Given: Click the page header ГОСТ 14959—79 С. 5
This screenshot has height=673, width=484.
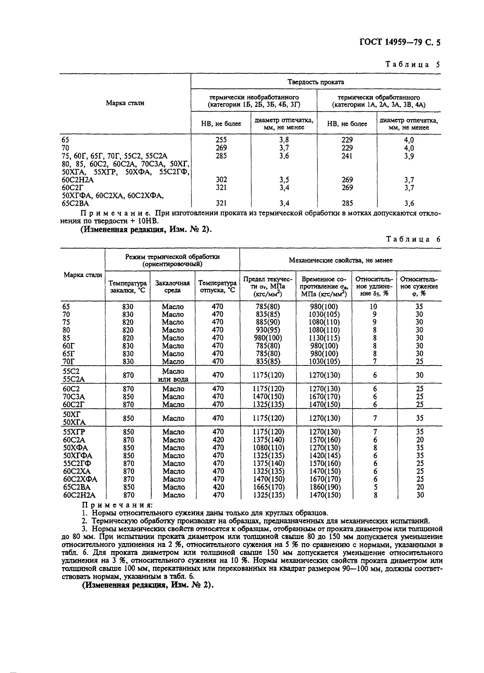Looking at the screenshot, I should [400, 43].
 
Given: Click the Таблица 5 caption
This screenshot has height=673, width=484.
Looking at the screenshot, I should [412, 64].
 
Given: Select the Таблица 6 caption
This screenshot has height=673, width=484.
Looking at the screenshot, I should [413, 239].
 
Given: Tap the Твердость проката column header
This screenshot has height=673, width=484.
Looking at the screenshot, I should [316, 82].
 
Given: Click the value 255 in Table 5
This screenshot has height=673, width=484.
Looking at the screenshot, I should [221, 140].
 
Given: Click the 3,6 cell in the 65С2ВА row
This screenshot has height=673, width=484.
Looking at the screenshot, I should [409, 203].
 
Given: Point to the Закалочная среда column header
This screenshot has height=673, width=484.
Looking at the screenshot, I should [172, 286].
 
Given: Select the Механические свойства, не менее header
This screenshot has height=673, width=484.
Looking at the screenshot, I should [340, 260].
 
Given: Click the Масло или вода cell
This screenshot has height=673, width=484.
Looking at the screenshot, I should [173, 375].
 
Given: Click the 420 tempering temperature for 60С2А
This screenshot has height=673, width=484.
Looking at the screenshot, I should [218, 440].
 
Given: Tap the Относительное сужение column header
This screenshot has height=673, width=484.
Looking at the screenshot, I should [419, 286].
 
